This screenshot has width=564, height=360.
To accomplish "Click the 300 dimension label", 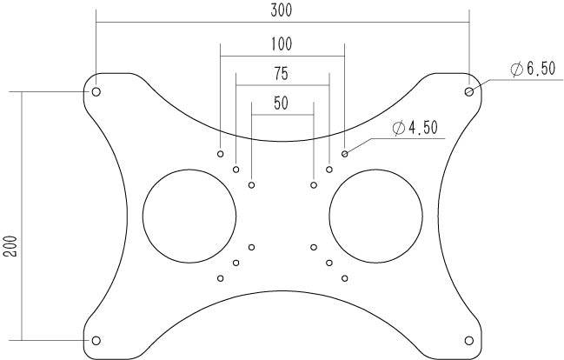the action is click(282, 10).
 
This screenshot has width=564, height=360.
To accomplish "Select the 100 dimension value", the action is click(282, 44).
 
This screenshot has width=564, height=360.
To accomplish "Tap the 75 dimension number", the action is click(282, 74).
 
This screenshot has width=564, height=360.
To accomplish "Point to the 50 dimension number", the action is click(281, 103).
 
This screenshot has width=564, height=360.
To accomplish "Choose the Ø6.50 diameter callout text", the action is click(533, 69).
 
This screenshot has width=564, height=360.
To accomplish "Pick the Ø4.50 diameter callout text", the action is click(415, 128).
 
